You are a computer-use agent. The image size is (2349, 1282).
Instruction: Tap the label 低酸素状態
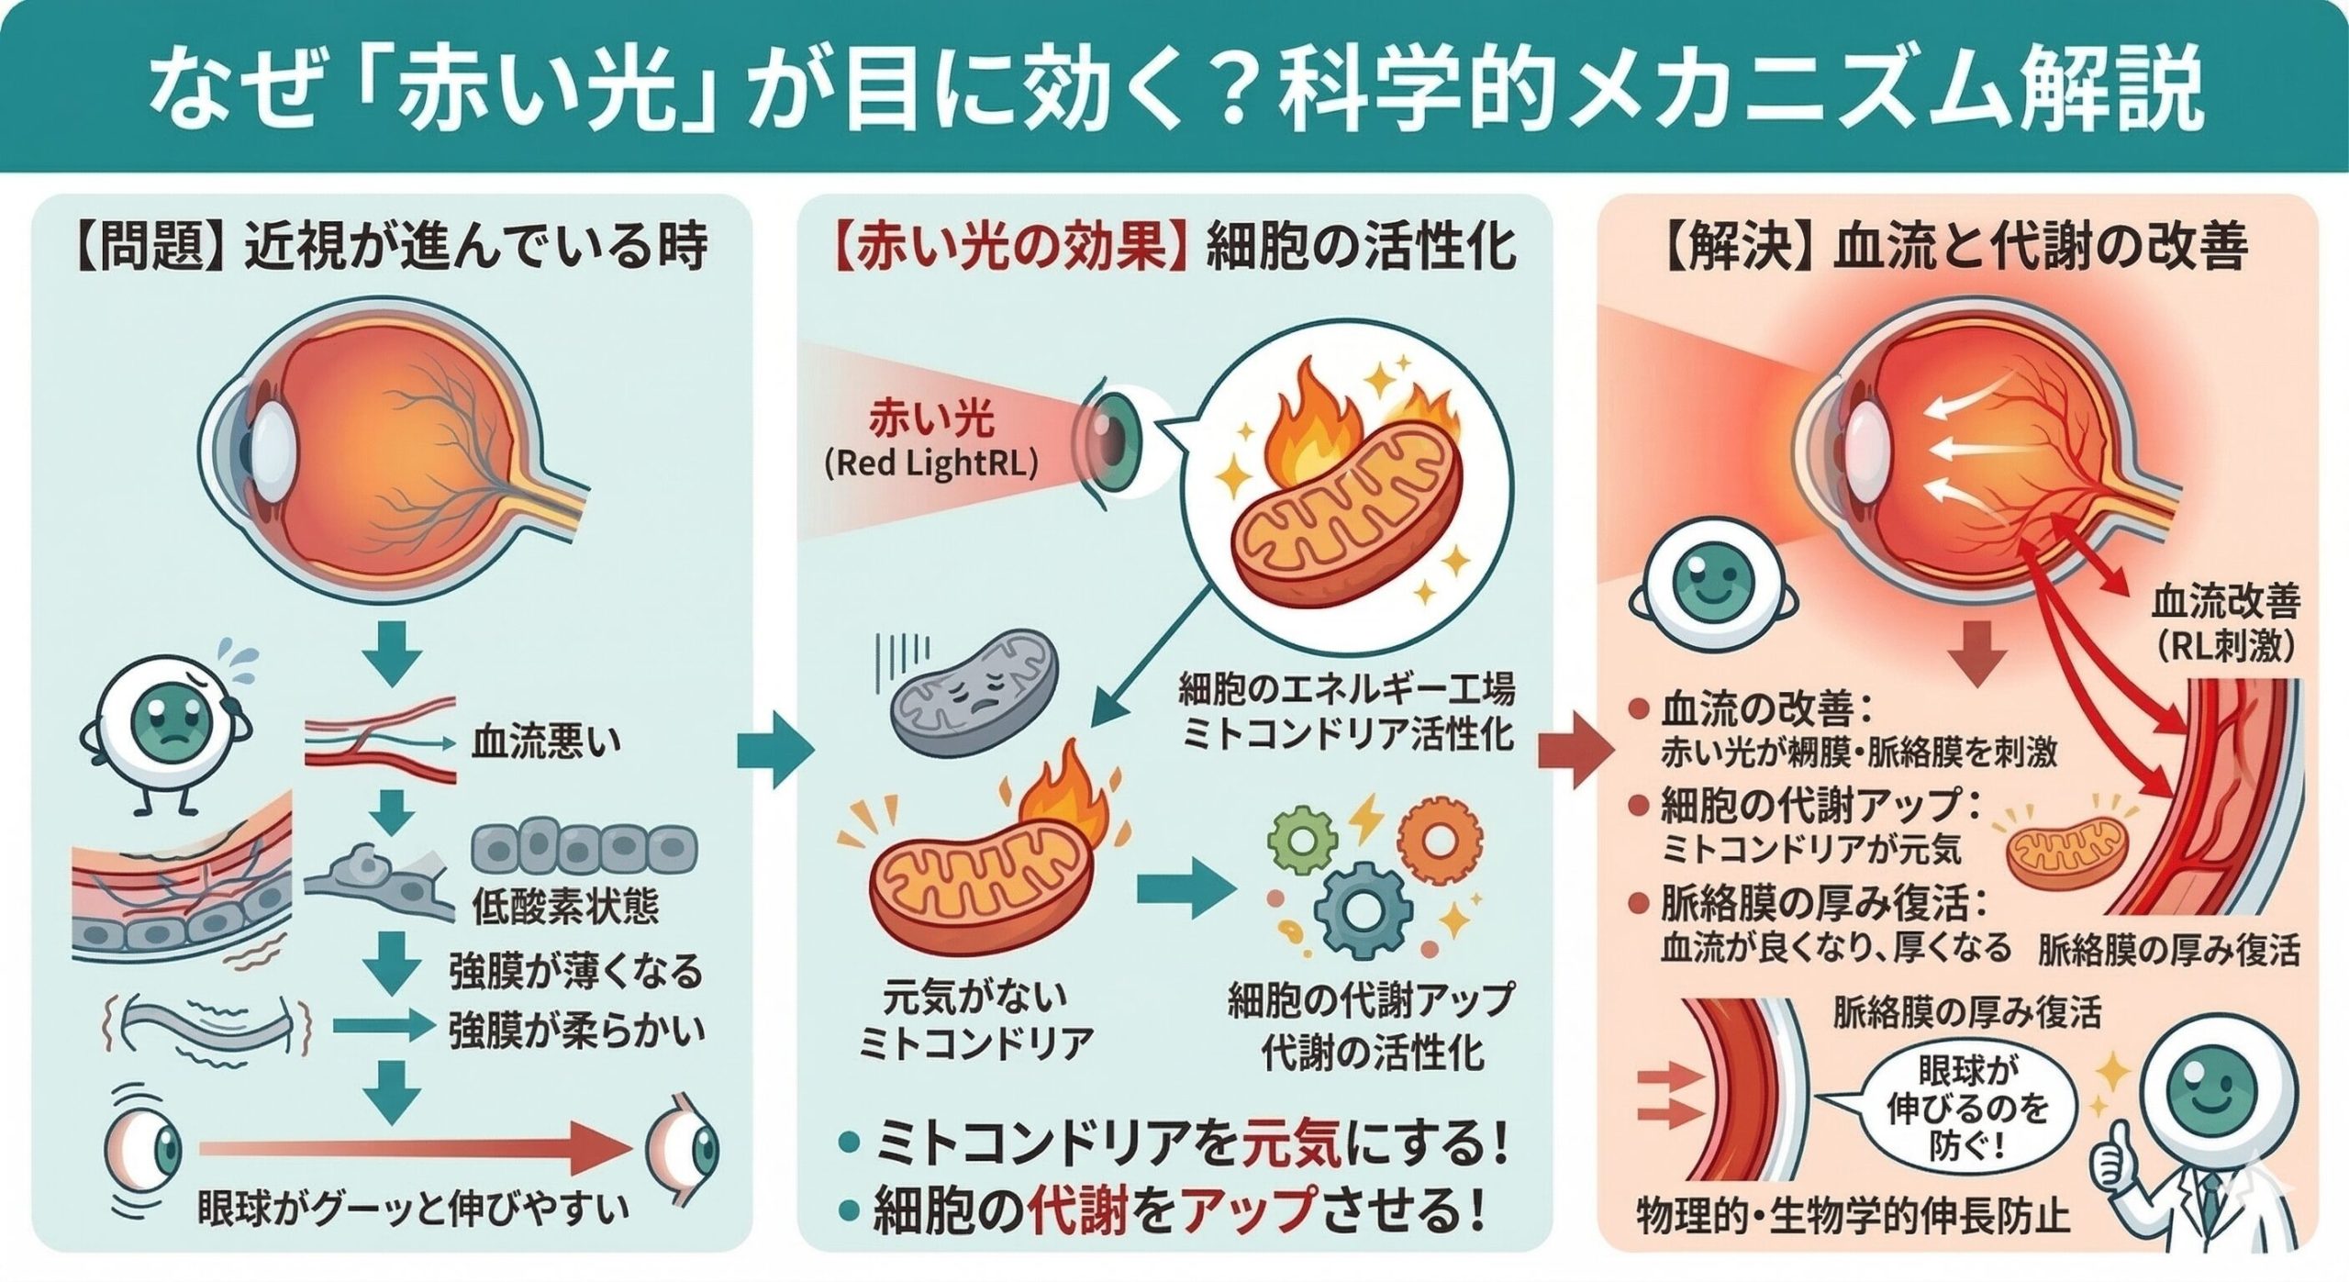565,908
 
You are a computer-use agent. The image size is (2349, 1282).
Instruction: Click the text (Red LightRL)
930,464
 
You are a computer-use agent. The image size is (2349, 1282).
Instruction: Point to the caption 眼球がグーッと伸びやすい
413,1210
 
